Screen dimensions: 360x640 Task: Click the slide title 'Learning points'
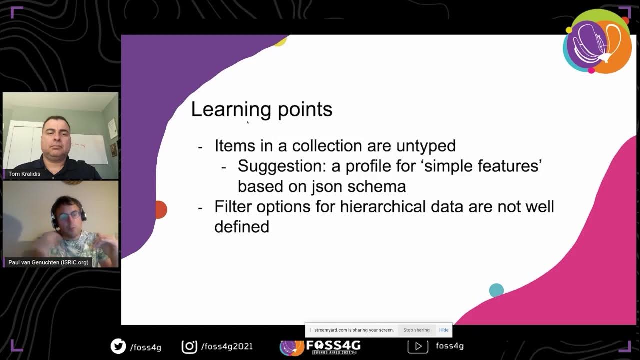click(261, 110)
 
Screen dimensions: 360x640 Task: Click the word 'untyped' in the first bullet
click(426, 146)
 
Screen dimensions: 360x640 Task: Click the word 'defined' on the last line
click(242, 227)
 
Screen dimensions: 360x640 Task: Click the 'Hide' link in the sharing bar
click(444, 330)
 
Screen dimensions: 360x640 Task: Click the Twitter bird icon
click(118, 346)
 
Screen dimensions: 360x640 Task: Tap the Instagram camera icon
click(189, 346)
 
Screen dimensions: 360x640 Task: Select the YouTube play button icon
click(418, 346)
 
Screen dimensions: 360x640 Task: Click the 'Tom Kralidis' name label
click(24, 174)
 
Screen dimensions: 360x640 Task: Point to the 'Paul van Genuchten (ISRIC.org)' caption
click(48, 262)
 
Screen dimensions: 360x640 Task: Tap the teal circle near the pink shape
click(496, 290)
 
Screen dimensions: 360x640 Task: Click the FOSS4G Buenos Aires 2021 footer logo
click(320, 346)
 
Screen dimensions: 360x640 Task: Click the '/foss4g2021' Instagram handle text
click(227, 346)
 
